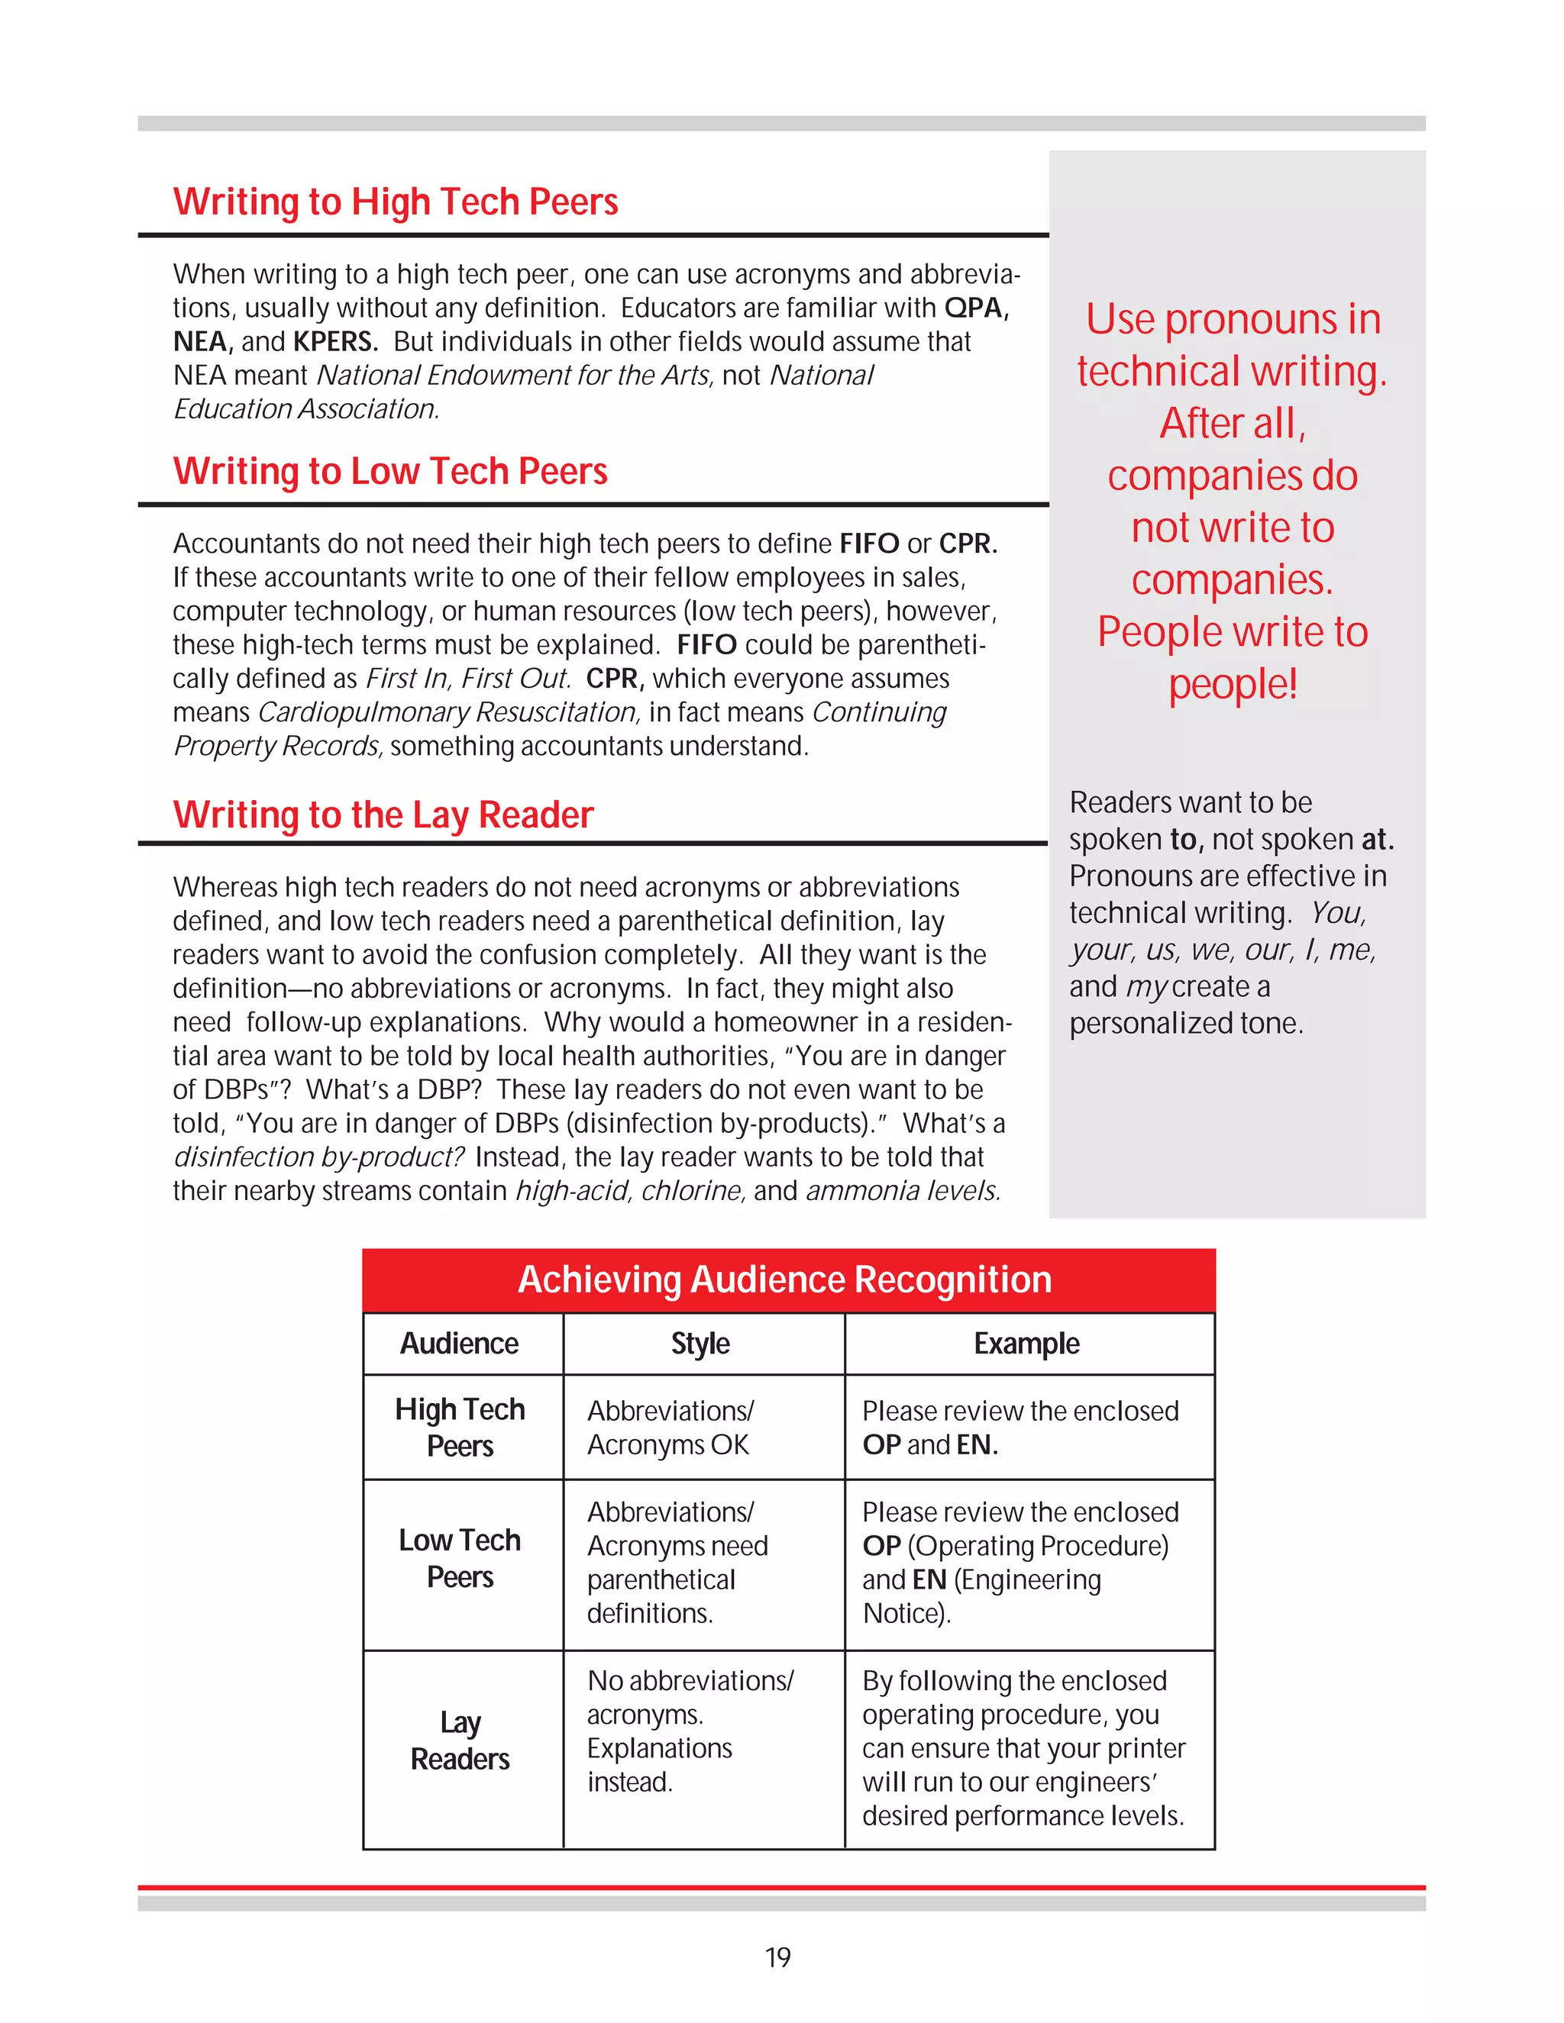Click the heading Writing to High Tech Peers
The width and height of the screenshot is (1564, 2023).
click(x=396, y=202)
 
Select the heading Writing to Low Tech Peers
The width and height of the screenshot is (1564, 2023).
click(x=390, y=472)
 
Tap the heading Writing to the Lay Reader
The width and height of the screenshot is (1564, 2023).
click(x=383, y=815)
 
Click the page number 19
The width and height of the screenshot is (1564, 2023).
click(x=777, y=1957)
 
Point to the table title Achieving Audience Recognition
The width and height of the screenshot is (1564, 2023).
click(x=785, y=1279)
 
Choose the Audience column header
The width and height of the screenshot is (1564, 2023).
click(x=460, y=1343)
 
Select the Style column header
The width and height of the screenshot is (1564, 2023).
click(x=700, y=1343)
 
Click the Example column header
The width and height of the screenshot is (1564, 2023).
click(x=1026, y=1343)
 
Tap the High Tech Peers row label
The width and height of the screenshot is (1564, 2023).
click(x=460, y=1428)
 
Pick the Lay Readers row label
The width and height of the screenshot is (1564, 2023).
click(x=460, y=1741)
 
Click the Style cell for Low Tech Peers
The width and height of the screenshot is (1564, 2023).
click(x=677, y=1563)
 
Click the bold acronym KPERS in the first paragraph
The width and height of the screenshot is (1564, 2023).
click(x=334, y=342)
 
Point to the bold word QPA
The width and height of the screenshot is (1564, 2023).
click(x=976, y=308)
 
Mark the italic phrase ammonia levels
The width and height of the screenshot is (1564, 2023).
click(x=903, y=1190)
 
